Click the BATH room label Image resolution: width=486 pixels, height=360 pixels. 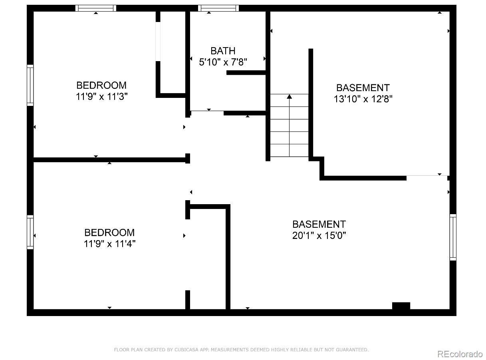click(x=223, y=51)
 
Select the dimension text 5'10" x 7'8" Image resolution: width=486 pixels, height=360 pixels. click(x=223, y=62)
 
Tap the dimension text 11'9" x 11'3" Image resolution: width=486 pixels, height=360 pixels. click(x=101, y=97)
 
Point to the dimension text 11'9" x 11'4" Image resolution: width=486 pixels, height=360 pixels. click(x=109, y=244)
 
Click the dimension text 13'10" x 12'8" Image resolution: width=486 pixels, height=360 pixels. click(x=363, y=99)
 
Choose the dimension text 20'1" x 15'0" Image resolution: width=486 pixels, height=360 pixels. click(x=319, y=235)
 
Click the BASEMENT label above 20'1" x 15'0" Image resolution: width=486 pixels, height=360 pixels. click(x=319, y=224)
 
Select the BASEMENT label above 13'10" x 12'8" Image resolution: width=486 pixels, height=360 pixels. click(x=363, y=88)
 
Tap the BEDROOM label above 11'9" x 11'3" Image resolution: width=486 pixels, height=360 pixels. click(x=101, y=85)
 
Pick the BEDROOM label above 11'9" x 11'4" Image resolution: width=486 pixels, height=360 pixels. click(x=109, y=233)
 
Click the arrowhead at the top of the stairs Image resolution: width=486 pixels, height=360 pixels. click(x=289, y=96)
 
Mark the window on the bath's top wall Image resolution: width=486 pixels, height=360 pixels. click(x=218, y=8)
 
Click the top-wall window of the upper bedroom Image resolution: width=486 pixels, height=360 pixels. click(x=96, y=8)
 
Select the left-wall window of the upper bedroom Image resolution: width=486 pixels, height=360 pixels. click(x=30, y=85)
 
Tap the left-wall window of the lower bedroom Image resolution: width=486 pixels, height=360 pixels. click(x=30, y=232)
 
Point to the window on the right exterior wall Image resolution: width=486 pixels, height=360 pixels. click(x=453, y=237)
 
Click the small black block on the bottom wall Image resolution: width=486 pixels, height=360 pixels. click(x=401, y=306)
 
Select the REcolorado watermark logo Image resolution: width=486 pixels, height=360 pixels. click(x=460, y=354)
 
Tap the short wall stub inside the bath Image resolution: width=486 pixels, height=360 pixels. click(x=246, y=73)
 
